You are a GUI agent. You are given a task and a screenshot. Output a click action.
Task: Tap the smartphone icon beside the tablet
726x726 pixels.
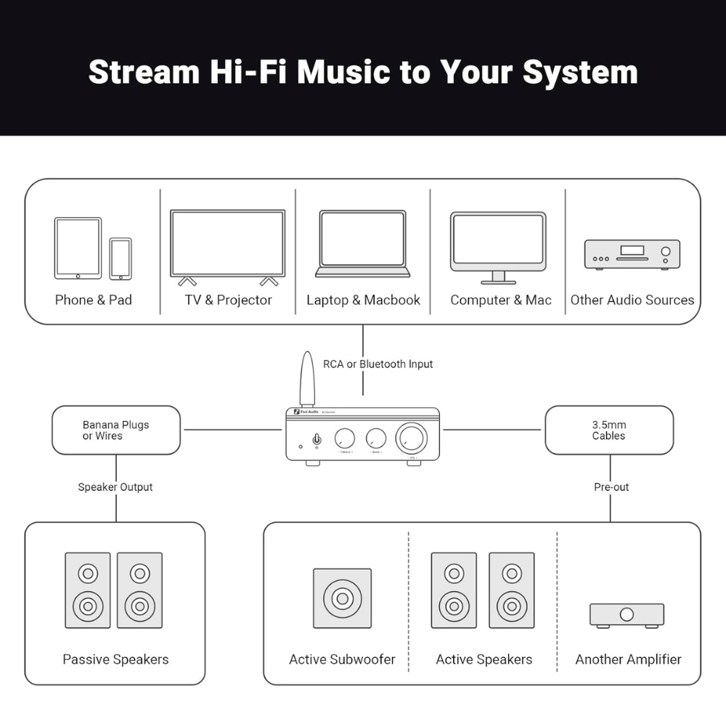click(121, 258)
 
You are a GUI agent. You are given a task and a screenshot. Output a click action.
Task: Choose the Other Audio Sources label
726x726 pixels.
click(632, 300)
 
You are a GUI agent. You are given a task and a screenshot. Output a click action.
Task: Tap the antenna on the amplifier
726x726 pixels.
click(307, 379)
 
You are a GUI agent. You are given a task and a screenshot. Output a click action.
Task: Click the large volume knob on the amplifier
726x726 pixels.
click(412, 439)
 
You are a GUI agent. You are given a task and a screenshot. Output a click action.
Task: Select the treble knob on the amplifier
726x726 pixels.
click(345, 438)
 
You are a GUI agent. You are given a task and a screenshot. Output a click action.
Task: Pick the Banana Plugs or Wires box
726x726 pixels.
click(116, 430)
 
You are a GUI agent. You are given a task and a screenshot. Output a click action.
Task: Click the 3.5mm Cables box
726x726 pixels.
click(609, 430)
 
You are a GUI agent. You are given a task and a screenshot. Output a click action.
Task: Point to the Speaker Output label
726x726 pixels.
click(115, 487)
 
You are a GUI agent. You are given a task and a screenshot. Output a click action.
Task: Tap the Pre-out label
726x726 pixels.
click(611, 487)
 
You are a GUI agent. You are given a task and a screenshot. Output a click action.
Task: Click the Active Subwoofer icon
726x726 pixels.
click(342, 598)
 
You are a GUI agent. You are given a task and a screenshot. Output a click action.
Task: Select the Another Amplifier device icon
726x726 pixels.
click(627, 615)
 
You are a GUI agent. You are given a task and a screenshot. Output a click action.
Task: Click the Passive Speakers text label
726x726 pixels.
click(115, 659)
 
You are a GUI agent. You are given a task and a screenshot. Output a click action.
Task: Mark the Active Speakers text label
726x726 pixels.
click(484, 659)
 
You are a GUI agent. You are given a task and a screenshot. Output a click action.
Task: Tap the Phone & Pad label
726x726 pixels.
click(94, 300)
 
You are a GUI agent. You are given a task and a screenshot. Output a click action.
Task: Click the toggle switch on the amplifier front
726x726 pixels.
click(317, 439)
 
